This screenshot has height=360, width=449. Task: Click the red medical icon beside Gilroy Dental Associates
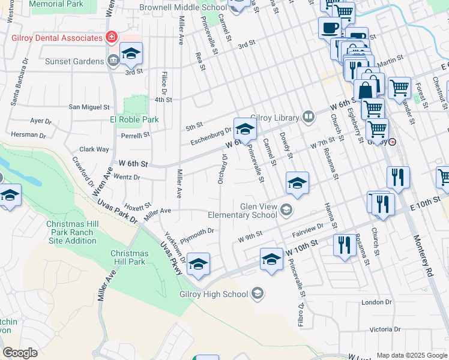(x=110, y=38)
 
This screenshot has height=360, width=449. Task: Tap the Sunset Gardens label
(x=76, y=61)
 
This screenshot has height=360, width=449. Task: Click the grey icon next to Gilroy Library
(x=309, y=116)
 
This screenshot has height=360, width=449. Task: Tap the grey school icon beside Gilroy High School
(x=257, y=293)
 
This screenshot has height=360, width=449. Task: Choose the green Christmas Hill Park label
(x=129, y=257)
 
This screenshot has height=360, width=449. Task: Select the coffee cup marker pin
(x=329, y=28)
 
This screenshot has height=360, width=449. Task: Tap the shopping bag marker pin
(x=365, y=91)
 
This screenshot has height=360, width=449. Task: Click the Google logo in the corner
(x=20, y=353)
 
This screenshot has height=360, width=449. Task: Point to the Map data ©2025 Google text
(x=412, y=355)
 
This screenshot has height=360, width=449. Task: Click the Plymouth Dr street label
(x=196, y=232)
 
